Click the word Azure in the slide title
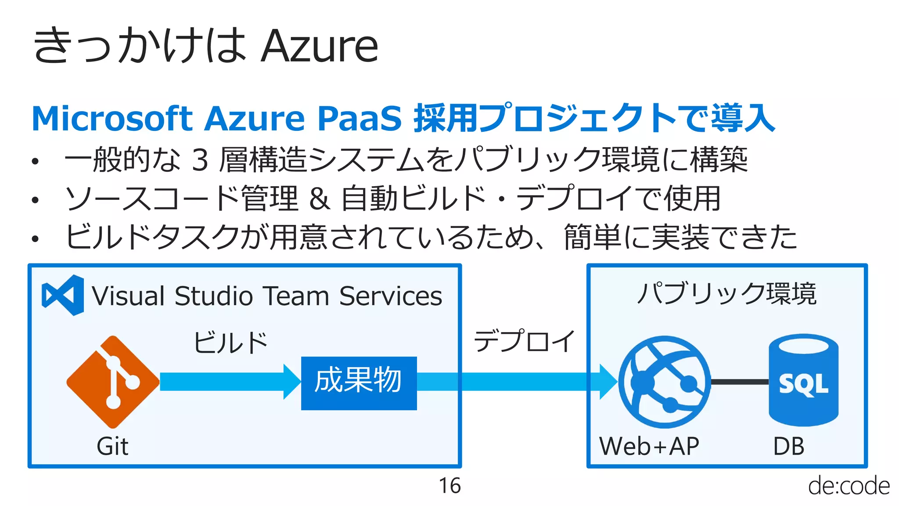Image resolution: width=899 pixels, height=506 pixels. click(319, 46)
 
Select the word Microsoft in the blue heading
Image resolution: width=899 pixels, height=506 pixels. click(112, 119)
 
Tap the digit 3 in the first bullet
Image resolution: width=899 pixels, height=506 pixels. click(200, 160)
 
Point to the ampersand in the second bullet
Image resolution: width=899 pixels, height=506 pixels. click(319, 199)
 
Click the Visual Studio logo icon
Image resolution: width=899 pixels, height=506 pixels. click(63, 295)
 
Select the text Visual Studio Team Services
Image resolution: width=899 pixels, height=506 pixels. click(266, 296)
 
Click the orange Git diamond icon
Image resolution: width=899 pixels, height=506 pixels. click(113, 382)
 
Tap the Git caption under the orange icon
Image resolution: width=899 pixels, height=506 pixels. click(112, 446)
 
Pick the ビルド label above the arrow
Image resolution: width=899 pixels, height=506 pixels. click(231, 343)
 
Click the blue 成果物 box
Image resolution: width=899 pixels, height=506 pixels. click(359, 383)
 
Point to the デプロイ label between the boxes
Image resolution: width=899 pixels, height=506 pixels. click(524, 341)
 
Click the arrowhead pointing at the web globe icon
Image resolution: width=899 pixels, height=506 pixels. click(608, 382)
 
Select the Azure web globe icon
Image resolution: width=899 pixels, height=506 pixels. click(664, 382)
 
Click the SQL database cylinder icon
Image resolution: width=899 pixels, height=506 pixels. click(803, 380)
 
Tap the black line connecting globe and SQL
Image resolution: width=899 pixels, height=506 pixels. click(739, 382)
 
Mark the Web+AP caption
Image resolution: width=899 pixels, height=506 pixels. click(649, 446)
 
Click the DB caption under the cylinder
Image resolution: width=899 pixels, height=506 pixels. click(788, 446)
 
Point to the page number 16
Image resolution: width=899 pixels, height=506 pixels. click(449, 486)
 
